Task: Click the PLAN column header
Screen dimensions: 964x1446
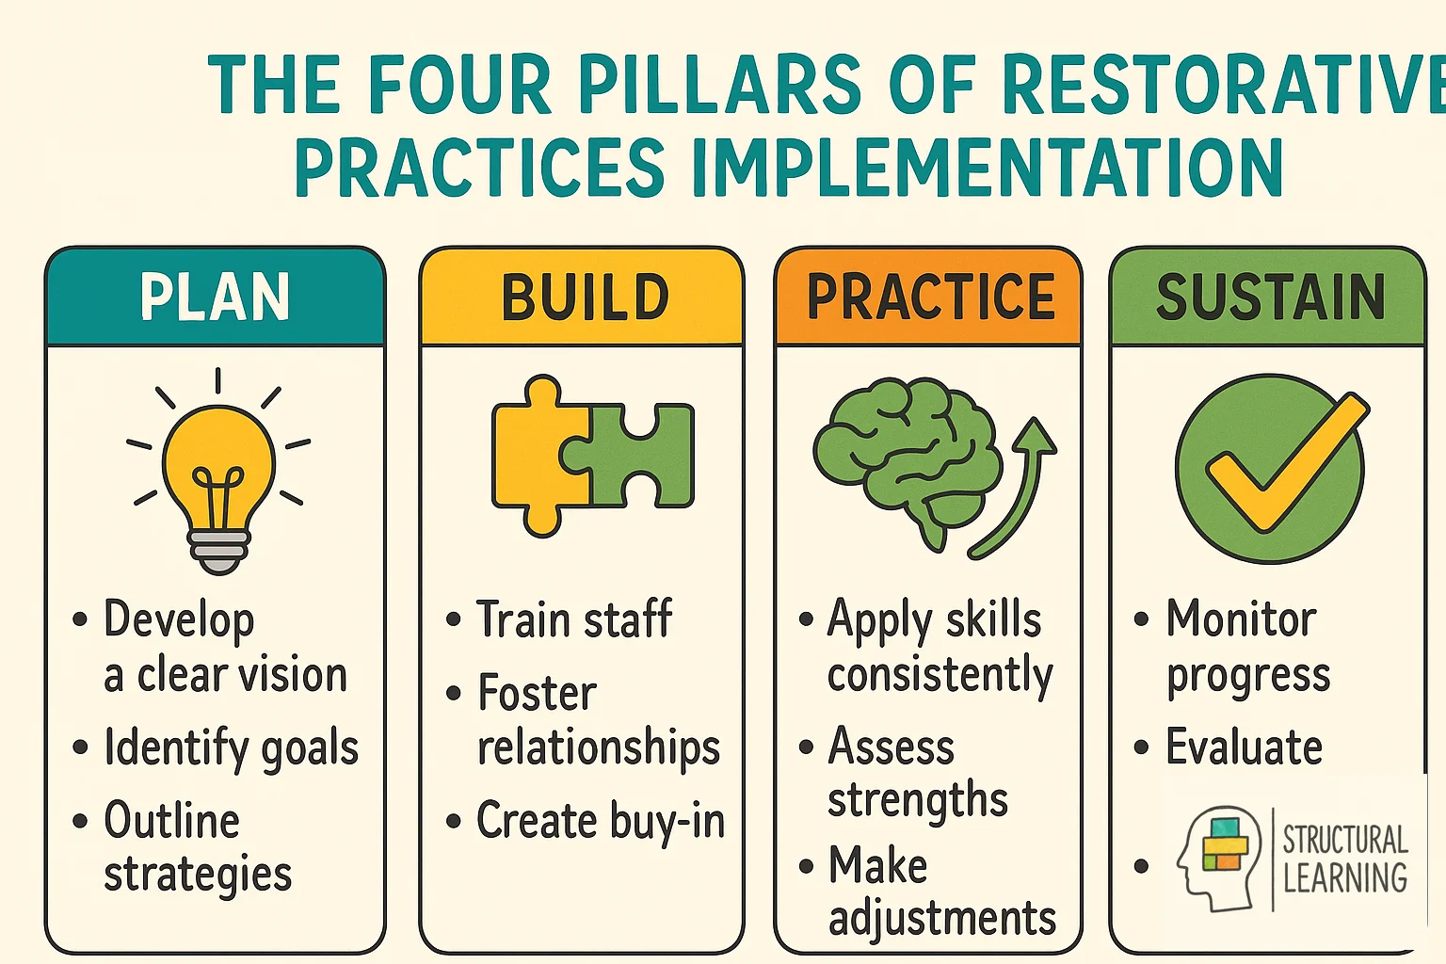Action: pos(215,297)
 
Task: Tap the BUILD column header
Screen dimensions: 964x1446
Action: pos(584,297)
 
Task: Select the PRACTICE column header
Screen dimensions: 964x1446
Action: pos(930,297)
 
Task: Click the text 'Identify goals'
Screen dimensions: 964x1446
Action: pos(232,748)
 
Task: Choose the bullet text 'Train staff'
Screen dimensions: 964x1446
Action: pos(574,619)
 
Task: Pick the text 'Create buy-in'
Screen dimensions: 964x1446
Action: pos(601,821)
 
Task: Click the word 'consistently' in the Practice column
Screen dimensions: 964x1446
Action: pos(940,676)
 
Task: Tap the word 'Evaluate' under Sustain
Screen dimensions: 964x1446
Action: pos(1244,748)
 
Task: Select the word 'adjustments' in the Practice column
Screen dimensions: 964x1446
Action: pos(941,919)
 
